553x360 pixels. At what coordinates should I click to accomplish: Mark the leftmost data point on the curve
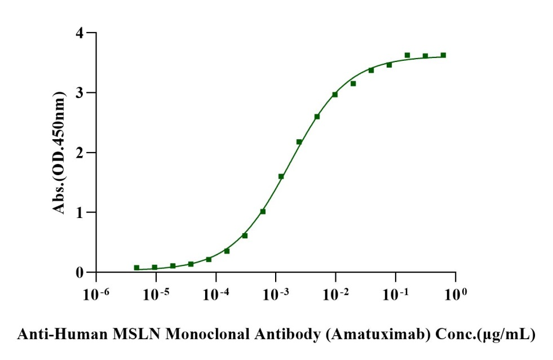136,268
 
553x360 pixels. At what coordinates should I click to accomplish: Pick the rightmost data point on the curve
443,55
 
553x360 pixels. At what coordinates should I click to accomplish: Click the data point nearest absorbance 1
263,211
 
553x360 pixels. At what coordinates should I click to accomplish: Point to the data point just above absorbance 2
299,142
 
